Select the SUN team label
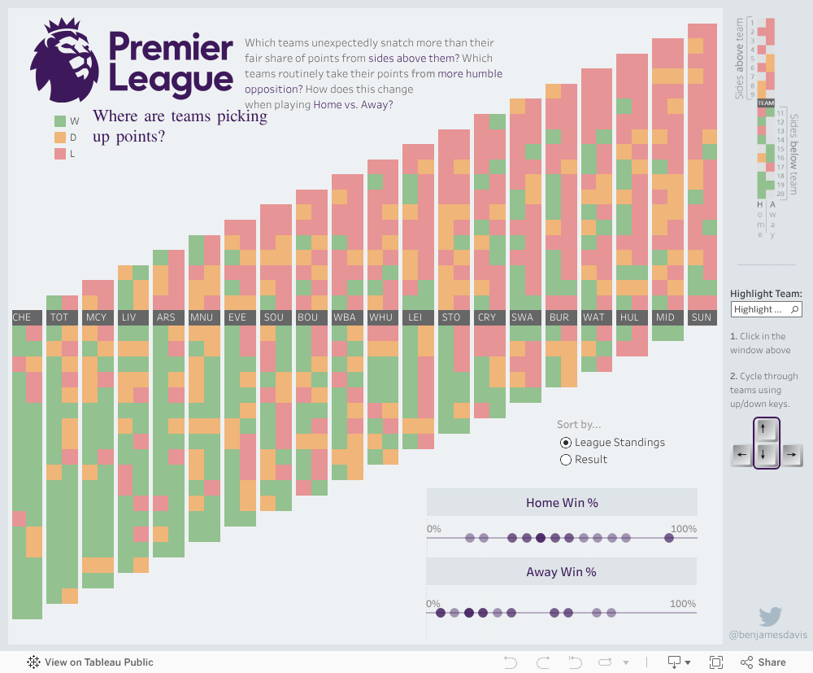tap(702, 317)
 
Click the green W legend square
tap(60, 121)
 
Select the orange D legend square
tap(60, 138)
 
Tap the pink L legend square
tap(60, 154)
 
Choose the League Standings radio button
tap(566, 443)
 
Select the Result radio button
tap(566, 460)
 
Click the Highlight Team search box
tap(766, 309)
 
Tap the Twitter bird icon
tap(771, 616)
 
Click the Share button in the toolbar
tap(763, 662)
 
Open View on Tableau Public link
tap(90, 662)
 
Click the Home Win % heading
tap(562, 503)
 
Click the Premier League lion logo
tap(67, 61)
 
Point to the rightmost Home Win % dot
tap(669, 538)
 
